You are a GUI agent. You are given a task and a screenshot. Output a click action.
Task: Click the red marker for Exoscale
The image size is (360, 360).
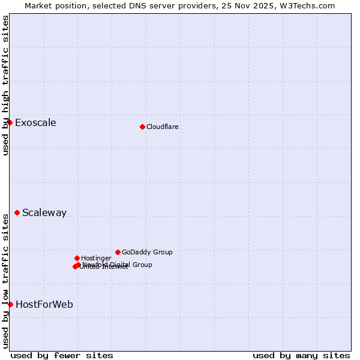point(10,123)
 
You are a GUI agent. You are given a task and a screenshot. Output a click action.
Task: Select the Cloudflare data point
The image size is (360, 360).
point(142,127)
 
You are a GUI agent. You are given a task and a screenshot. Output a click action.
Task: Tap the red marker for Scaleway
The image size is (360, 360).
point(17,212)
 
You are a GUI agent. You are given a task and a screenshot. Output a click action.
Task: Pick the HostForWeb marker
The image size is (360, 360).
point(10,304)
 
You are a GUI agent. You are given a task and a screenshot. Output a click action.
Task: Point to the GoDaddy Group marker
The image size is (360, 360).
point(118,252)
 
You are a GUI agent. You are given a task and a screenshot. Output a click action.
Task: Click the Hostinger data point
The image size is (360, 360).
point(77,258)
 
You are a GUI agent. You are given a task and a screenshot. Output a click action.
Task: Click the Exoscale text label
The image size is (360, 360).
point(35,123)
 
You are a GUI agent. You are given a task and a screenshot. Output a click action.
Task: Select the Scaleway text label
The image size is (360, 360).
point(44,213)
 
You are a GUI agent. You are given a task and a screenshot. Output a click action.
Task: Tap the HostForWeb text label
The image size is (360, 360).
point(44,305)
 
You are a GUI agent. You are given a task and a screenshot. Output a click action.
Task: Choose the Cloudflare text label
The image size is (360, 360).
point(163,127)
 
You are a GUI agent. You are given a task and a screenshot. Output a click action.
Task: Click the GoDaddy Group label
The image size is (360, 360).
point(147,253)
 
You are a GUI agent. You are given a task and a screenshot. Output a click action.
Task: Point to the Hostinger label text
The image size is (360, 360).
point(96,258)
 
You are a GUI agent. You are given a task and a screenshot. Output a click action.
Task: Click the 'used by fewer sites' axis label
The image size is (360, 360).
point(62,356)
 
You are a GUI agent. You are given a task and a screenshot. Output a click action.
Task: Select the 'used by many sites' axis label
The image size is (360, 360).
point(301,356)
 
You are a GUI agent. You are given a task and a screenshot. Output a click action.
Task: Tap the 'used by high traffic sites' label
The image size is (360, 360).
point(5,85)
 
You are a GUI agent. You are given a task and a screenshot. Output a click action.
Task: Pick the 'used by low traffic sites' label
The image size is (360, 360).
point(5,280)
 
